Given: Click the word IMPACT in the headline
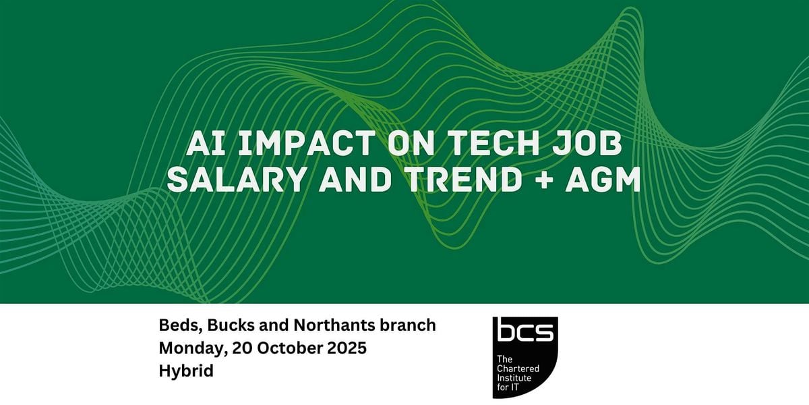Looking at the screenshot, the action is (x=307, y=143).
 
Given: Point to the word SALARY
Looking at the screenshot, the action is (x=237, y=180).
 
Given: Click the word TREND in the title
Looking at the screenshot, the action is (x=462, y=180).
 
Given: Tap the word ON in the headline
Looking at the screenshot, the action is (x=411, y=143).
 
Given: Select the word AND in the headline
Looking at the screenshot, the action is (x=355, y=180).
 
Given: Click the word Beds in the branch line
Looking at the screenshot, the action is (x=180, y=325).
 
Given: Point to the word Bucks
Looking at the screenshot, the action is (x=231, y=325).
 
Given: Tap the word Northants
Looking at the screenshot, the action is (x=334, y=325).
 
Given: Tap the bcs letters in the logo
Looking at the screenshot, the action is (x=525, y=332).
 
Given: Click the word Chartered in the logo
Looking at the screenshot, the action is (x=518, y=369).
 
